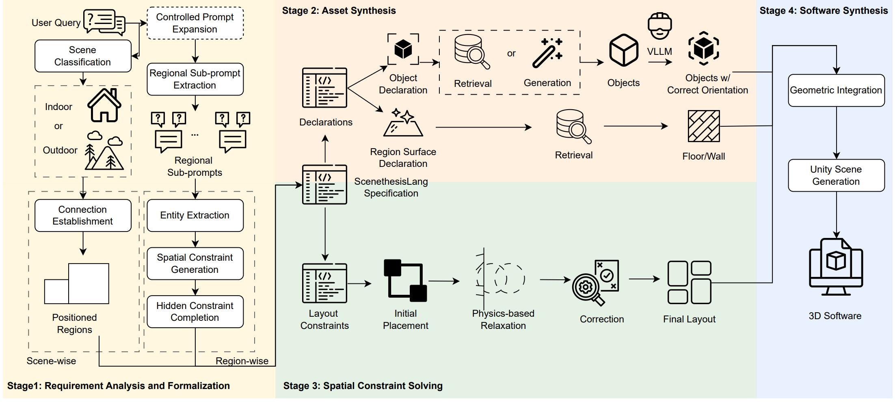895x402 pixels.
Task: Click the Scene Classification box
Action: [83, 56]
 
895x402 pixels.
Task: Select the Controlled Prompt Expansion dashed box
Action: [195, 23]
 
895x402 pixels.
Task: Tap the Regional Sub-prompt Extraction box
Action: [195, 79]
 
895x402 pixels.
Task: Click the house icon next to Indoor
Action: [104, 106]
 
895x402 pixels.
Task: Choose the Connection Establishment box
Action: [83, 215]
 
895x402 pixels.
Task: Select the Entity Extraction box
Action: [195, 215]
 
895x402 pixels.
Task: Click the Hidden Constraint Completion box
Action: [195, 311]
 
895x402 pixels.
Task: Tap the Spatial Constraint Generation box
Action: [195, 264]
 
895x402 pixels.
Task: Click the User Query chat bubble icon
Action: [104, 22]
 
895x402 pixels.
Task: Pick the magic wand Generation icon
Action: [547, 53]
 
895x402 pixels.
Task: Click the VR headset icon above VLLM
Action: [659, 26]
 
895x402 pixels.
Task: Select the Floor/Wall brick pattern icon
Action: [704, 126]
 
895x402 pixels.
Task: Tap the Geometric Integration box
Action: [836, 90]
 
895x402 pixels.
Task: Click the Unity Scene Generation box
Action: [836, 175]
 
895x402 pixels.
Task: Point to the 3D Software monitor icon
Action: [836, 267]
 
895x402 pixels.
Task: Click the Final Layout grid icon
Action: [689, 283]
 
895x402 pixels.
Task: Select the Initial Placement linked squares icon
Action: [405, 281]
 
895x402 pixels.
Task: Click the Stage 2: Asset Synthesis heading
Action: [339, 11]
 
